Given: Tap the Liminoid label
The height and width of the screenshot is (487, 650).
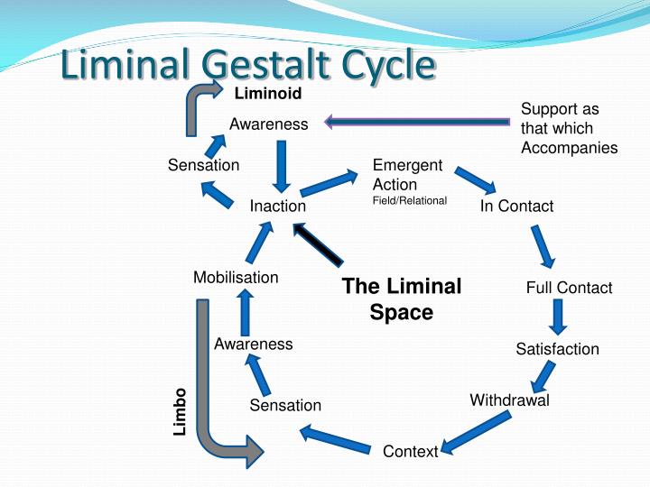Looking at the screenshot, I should tap(267, 93).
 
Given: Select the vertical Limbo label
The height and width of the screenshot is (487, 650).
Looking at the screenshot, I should tap(180, 411).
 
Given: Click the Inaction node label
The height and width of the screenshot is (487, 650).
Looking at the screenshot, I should tap(278, 206).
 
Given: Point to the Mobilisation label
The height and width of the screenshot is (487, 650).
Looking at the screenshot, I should tap(236, 277).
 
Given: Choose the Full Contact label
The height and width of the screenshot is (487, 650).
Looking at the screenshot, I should tap(569, 288).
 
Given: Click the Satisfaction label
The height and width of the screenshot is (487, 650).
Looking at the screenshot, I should tap(557, 349).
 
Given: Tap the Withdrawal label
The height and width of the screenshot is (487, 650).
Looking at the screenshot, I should tap(509, 400).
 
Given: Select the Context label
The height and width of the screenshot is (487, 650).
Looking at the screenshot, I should tap(410, 451).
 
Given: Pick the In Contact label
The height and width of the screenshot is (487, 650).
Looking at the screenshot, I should tap(516, 206).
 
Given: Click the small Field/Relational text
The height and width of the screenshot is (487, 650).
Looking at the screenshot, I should tap(410, 200).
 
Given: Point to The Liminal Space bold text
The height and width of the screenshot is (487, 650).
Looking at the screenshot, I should tap(402, 299).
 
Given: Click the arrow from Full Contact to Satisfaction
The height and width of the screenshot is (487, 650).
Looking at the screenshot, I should tap(559, 317).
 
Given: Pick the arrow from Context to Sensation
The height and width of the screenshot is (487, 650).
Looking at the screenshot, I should tap(336, 439).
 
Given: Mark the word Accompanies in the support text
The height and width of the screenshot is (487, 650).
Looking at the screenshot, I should tap(569, 148).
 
